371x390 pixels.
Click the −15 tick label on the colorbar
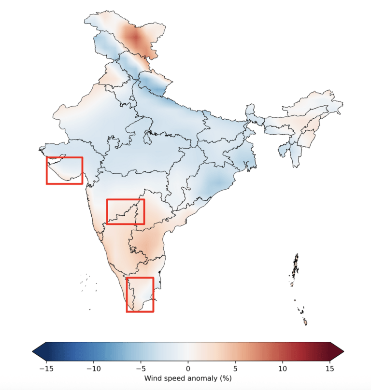click(46, 368)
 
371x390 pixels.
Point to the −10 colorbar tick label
click(94, 368)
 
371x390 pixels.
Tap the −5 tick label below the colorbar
click(141, 368)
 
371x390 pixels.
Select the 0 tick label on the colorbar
click(188, 368)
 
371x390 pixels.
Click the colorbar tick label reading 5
click(235, 368)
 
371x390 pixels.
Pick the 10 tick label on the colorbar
click(283, 368)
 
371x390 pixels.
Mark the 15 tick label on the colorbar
click(330, 368)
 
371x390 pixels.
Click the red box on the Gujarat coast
click(46, 171)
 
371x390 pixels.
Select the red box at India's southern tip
click(127, 294)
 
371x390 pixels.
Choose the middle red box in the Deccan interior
click(107, 212)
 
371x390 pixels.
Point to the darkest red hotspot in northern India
click(136, 38)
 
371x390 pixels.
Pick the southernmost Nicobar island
click(305, 322)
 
